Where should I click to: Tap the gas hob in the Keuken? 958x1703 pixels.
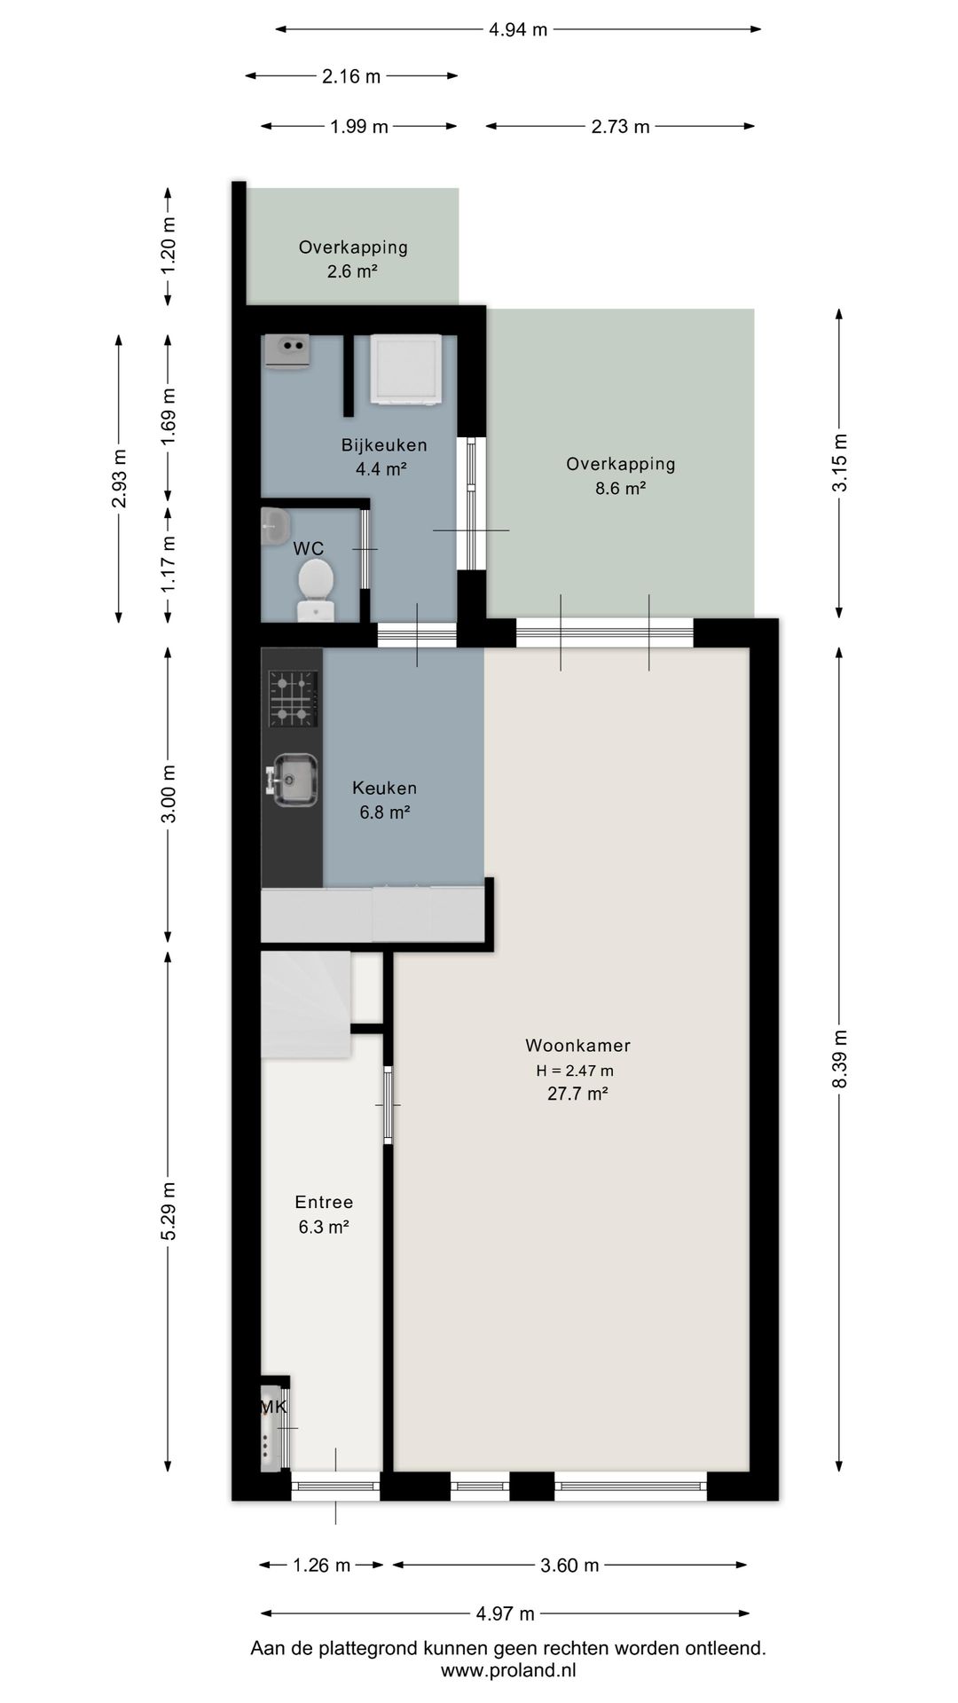coord(293,698)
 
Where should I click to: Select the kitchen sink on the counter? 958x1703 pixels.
coord(291,781)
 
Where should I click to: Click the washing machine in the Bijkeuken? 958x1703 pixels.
coord(405,370)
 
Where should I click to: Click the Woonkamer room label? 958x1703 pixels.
coord(577,1046)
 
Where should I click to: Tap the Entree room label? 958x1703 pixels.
coord(324,1203)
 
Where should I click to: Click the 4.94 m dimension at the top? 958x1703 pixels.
coord(518,29)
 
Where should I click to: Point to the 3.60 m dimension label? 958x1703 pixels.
coord(569,1566)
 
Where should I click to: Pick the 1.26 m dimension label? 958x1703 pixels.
coord(322,1566)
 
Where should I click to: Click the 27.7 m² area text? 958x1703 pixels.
coord(577,1094)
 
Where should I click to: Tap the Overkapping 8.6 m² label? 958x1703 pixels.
coord(620,475)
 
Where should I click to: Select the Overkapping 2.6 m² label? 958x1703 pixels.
coord(353,259)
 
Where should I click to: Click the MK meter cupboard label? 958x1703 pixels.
coord(273,1407)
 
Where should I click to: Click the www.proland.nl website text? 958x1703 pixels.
coord(508,1670)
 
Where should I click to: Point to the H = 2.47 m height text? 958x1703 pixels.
coord(575,1071)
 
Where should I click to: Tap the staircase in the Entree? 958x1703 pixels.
coord(306,1005)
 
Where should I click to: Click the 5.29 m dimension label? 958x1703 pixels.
coord(169,1212)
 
